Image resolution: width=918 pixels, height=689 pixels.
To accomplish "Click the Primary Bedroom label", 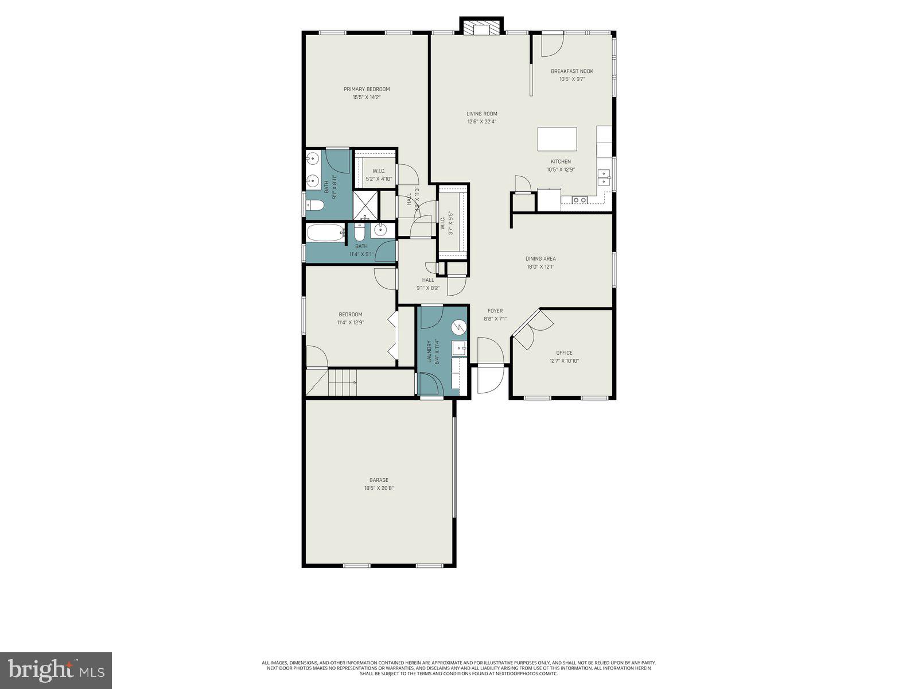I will [367, 89].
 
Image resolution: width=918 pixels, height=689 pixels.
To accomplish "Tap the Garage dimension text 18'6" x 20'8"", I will [379, 489].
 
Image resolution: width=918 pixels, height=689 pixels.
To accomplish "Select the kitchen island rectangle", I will [557, 139].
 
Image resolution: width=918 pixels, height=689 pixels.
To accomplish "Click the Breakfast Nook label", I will [571, 71].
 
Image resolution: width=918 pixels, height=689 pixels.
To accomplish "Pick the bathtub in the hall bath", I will [325, 233].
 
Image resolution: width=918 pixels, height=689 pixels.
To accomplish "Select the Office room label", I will [564, 353].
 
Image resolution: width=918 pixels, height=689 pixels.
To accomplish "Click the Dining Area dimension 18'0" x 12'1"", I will [540, 266].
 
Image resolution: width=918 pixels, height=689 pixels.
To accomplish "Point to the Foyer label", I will [495, 311].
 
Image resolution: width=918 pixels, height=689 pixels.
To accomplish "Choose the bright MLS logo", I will [56, 669].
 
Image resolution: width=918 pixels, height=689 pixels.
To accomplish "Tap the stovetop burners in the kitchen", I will [579, 200].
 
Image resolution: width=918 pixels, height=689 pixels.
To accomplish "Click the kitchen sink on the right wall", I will [604, 177].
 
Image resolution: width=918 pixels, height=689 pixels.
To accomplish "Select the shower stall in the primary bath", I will [365, 205].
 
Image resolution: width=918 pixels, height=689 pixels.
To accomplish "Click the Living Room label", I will [481, 114].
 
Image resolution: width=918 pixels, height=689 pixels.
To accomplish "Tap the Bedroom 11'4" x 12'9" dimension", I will [351, 323].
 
